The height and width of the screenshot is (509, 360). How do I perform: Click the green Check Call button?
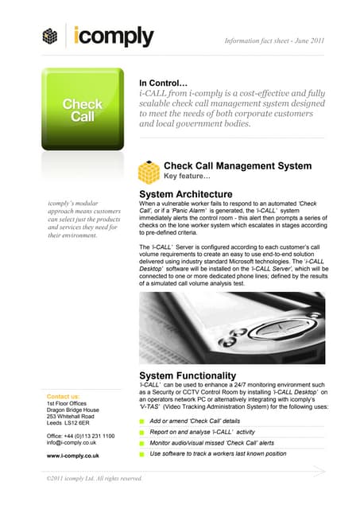point(83,111)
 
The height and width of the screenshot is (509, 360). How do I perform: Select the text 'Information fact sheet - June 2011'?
point(274,40)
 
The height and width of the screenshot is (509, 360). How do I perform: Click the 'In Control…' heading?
point(163,83)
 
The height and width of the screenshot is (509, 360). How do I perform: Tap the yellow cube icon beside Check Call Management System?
point(149,171)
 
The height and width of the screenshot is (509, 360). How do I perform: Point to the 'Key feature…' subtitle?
point(187,177)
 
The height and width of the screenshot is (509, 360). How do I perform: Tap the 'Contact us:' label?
point(64,396)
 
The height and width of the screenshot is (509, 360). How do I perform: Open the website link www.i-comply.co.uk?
point(73,456)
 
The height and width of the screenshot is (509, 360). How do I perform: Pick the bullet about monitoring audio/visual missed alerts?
point(212,442)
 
